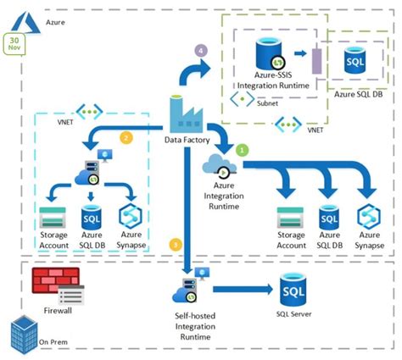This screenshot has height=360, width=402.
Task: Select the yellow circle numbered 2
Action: (x=126, y=136)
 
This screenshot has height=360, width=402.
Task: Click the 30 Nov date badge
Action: (x=14, y=42)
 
